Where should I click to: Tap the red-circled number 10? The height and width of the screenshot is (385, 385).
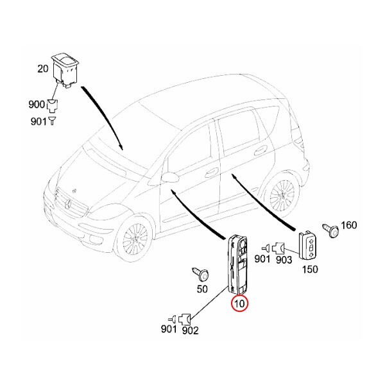click(240, 303)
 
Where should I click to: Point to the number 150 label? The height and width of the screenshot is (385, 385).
click(309, 269)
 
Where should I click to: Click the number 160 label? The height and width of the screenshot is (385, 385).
click(349, 225)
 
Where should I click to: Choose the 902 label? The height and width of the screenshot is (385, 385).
click(191, 331)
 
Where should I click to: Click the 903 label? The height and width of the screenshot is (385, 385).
click(284, 259)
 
